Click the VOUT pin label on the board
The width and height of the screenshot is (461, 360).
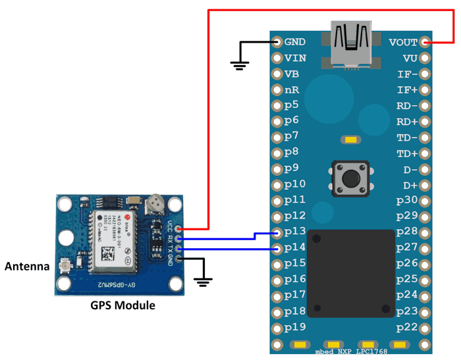click(x=403, y=42)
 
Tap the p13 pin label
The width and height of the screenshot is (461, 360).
click(x=294, y=232)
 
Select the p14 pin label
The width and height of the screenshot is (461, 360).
click(x=294, y=248)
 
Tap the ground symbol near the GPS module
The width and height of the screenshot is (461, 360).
click(x=203, y=281)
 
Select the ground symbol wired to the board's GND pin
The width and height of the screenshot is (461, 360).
click(x=239, y=64)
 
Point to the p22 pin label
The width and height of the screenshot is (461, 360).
click(x=407, y=327)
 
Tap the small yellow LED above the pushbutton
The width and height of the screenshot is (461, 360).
click(x=350, y=140)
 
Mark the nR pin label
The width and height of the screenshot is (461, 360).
click(x=292, y=90)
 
